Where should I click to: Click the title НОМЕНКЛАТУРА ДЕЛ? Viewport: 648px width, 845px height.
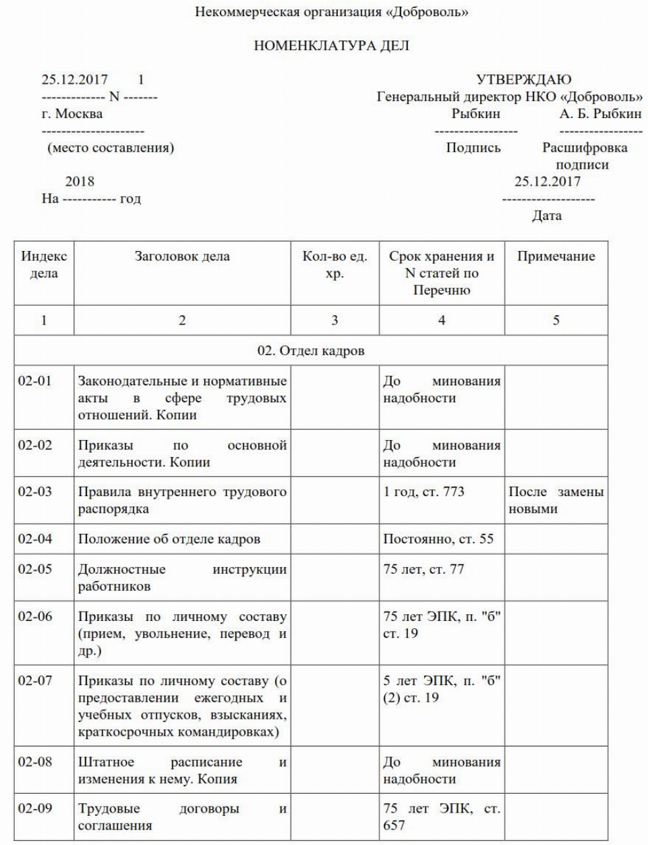pyautogui.click(x=331, y=46)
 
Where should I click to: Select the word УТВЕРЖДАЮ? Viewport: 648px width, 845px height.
pyautogui.click(x=523, y=80)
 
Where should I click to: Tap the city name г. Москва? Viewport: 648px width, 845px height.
pyautogui.click(x=72, y=113)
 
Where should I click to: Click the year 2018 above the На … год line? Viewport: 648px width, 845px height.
pyautogui.click(x=80, y=182)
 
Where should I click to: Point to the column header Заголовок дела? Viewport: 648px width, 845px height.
pyautogui.click(x=182, y=256)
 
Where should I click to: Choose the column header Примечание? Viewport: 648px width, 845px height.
pyautogui.click(x=556, y=256)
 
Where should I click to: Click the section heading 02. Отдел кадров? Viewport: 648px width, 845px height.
pyautogui.click(x=311, y=351)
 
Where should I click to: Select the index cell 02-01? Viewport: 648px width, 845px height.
pyautogui.click(x=35, y=381)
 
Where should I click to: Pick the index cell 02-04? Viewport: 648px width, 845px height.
pyautogui.click(x=35, y=539)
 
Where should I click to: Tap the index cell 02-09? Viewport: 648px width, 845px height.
pyautogui.click(x=35, y=808)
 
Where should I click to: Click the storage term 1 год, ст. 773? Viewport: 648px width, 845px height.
pyautogui.click(x=423, y=492)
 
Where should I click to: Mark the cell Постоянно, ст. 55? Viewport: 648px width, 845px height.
pyautogui.click(x=438, y=539)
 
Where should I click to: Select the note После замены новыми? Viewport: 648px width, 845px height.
pyautogui.click(x=556, y=500)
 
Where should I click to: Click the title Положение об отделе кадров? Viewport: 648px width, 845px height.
pyautogui.click(x=169, y=539)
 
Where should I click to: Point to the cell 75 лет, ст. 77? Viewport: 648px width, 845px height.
pyautogui.click(x=423, y=569)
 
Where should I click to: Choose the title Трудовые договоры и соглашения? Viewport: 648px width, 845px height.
pyautogui.click(x=182, y=817)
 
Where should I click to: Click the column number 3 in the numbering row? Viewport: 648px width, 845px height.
pyautogui.click(x=334, y=320)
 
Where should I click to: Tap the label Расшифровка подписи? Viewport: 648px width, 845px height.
pyautogui.click(x=584, y=156)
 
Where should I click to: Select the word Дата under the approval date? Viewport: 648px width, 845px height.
pyautogui.click(x=547, y=216)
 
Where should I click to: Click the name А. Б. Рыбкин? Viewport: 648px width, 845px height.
pyautogui.click(x=600, y=113)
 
